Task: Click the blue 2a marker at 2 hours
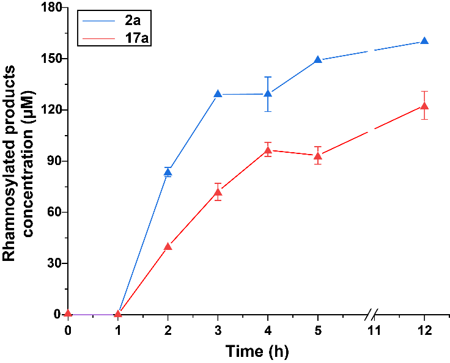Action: [168, 172]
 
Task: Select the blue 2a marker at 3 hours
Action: [218, 94]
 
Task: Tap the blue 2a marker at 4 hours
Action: [268, 94]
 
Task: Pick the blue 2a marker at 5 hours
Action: [318, 60]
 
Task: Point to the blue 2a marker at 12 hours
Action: [424, 41]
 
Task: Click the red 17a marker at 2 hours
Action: [168, 246]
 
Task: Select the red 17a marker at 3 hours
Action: [218, 192]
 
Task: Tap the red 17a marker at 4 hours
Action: [268, 150]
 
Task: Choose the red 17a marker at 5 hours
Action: [318, 155]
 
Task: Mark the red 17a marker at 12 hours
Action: [424, 106]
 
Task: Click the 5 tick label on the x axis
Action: [318, 331]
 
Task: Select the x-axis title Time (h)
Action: [256, 351]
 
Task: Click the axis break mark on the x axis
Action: [372, 315]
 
